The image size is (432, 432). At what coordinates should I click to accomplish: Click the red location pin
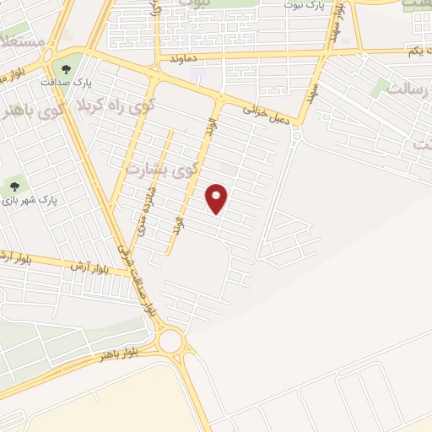coord(218,198)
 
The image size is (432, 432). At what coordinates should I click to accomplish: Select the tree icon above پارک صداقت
coord(66,69)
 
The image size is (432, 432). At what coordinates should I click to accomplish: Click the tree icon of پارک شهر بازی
coord(13,186)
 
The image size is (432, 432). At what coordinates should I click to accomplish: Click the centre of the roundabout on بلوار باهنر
coord(171,341)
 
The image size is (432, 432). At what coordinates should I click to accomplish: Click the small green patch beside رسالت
coord(381,86)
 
